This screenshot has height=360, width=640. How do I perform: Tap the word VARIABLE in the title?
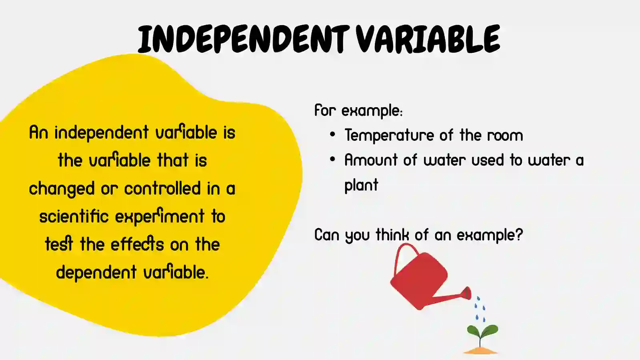[428, 39]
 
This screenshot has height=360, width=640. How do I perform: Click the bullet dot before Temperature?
[332, 135]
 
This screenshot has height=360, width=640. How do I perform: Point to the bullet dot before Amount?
[332, 159]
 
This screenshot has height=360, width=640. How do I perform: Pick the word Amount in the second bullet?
[371, 160]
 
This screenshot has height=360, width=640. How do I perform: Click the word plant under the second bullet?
[361, 186]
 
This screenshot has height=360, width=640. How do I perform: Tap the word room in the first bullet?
[505, 136]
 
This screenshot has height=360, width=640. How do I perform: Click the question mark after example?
[519, 234]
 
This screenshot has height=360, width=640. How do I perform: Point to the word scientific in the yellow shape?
[74, 216]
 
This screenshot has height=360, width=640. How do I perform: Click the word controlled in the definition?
[162, 188]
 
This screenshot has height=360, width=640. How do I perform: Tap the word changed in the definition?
[62, 189]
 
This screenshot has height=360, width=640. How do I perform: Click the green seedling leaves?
[482, 331]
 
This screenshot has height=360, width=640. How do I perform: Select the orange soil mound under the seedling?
[480, 351]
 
